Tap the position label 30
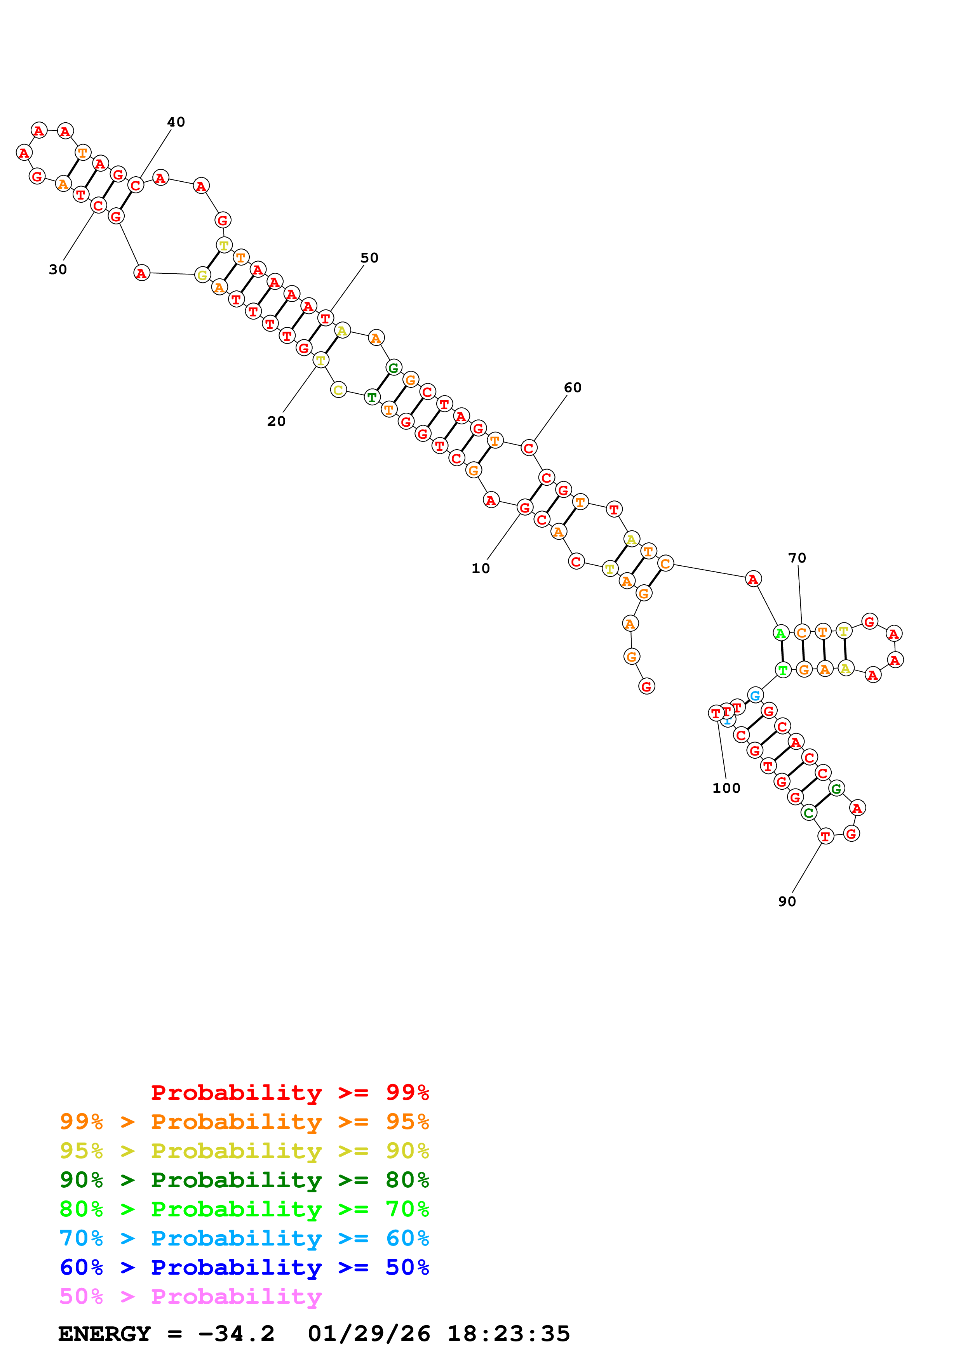coord(57,269)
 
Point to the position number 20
coord(276,421)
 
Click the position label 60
coord(573,387)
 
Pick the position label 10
coord(481,568)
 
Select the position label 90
coord(787,901)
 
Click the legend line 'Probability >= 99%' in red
coord(289,1092)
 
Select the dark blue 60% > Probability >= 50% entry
coord(244,1267)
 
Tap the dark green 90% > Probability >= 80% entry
coord(244,1180)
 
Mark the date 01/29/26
coord(369,1334)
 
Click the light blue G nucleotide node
coord(755,695)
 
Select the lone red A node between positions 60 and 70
coord(753,579)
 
